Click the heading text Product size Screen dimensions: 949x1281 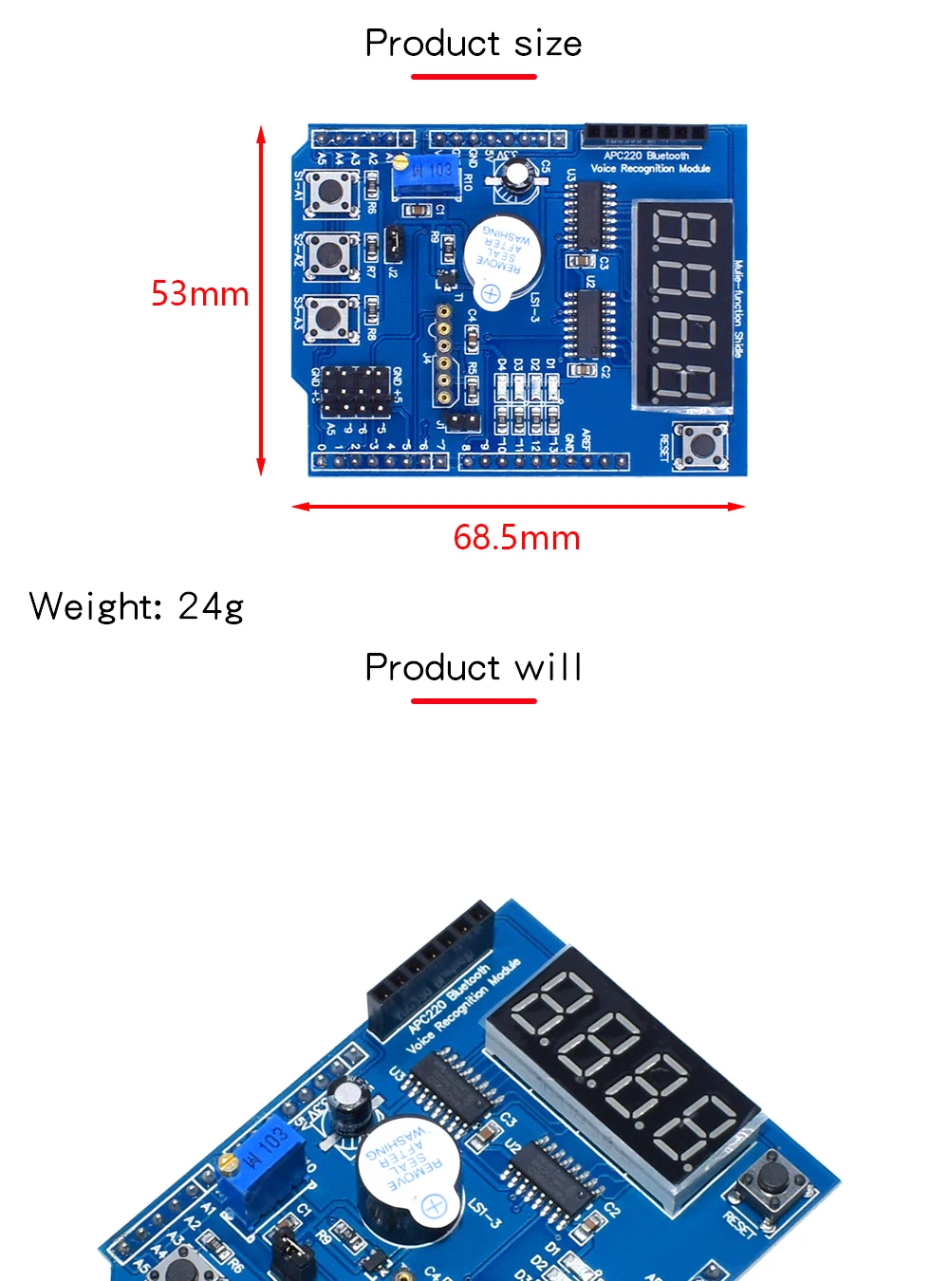tap(473, 44)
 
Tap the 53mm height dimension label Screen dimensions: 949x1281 tap(199, 294)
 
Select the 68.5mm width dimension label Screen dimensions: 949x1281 tap(516, 538)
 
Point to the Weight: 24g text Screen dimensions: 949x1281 tap(137, 606)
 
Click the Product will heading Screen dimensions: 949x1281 tap(473, 668)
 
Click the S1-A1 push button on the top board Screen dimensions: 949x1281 tap(331, 193)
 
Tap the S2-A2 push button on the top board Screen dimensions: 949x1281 tap(331, 253)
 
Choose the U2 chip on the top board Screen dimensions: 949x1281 tap(589, 324)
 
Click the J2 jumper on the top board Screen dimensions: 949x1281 tap(394, 245)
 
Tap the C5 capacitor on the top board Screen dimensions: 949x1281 tap(518, 176)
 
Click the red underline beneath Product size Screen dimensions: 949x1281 tap(474, 77)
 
